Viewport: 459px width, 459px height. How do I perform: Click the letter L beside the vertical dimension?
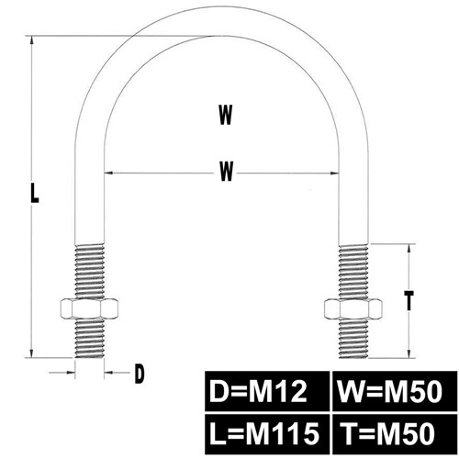tap(35, 192)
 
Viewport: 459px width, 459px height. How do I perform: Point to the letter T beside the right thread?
tap(409, 301)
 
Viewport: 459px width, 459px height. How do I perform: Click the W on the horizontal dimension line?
tap(227, 172)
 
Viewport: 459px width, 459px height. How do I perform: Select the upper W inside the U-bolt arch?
tap(226, 115)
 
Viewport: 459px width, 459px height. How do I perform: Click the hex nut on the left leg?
tap(89, 308)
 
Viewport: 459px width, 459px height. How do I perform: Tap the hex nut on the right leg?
tap(353, 308)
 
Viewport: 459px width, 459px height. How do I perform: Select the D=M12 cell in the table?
tap(266, 391)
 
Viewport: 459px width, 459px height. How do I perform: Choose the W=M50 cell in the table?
tap(395, 391)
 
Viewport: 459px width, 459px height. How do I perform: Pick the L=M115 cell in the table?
tap(266, 434)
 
